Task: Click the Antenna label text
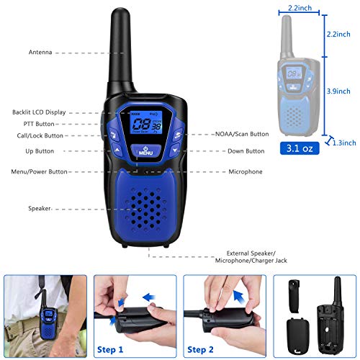pos(40,53)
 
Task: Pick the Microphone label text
pos(246,172)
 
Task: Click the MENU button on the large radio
pos(147,151)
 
